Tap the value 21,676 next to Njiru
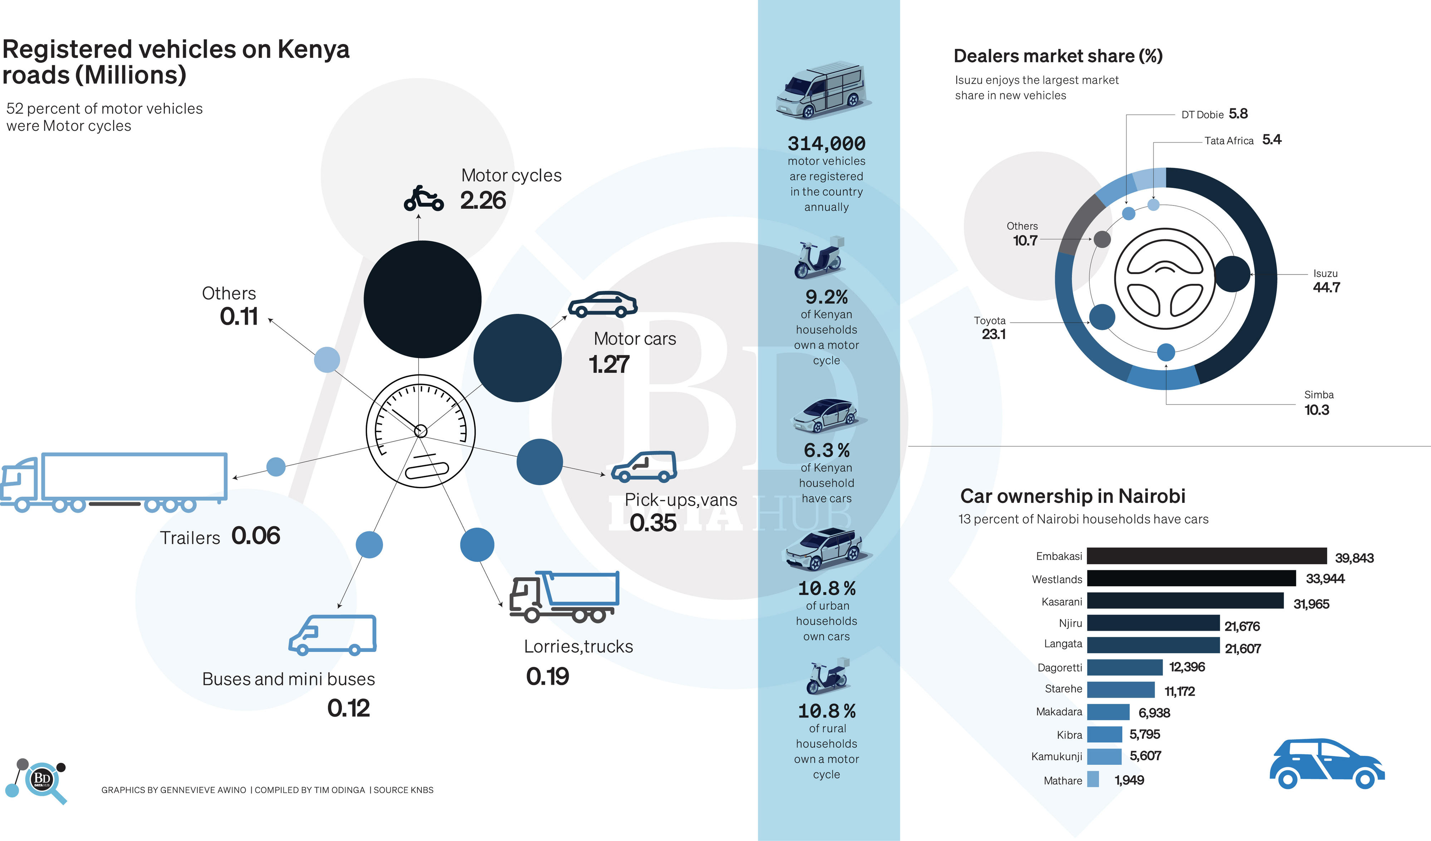pos(1242,626)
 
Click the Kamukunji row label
pos(1056,756)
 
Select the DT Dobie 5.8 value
pos(1238,114)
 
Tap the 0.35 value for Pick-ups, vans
pos(653,523)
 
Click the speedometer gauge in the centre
pos(420,431)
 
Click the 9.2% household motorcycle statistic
pos(826,297)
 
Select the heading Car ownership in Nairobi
pos(1072,496)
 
